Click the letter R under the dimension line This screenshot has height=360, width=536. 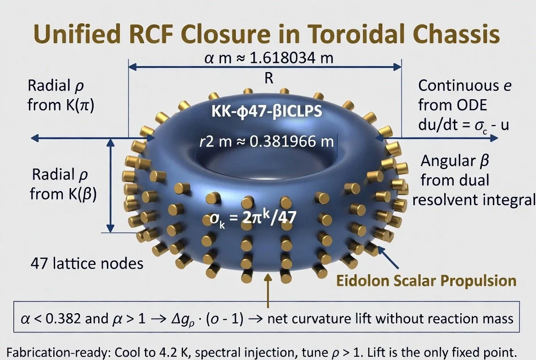pos(268,79)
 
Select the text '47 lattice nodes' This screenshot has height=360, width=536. pos(87,264)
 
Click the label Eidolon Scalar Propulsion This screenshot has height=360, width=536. pos(426,280)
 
